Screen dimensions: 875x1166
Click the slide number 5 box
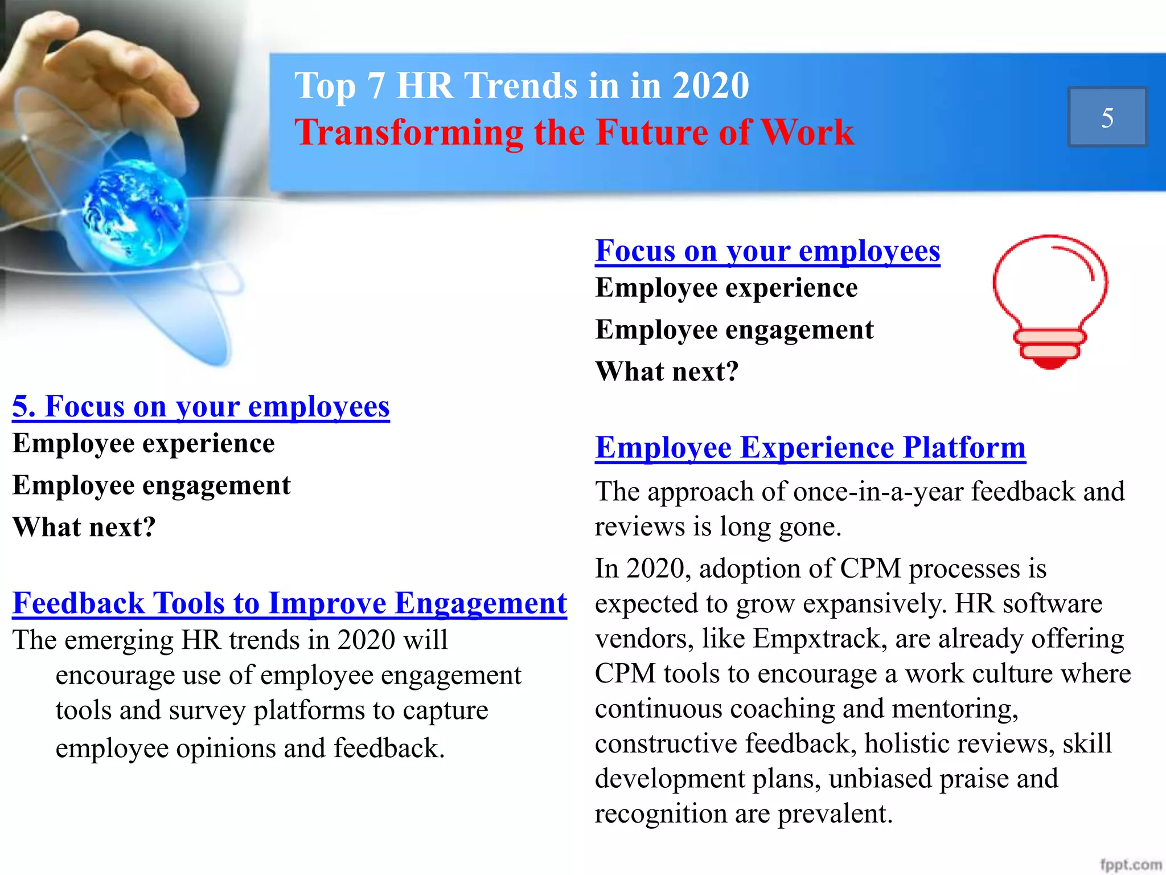point(1107,117)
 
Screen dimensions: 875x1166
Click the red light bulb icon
point(1050,296)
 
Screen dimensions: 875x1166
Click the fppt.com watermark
point(1130,864)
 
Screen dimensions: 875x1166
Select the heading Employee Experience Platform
point(810,448)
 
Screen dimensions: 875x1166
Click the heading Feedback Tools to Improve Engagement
point(290,603)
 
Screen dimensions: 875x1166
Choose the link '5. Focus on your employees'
point(201,407)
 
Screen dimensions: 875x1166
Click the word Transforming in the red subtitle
point(408,133)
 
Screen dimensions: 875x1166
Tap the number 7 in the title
point(376,86)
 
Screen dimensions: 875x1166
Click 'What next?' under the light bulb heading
point(667,372)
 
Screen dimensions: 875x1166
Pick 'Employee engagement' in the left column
point(151,486)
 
